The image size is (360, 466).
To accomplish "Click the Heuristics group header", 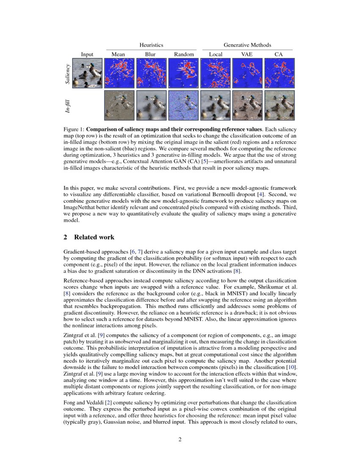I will click(151, 45).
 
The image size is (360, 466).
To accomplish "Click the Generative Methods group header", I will click(247, 45).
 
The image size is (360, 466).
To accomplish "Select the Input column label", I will click(87, 54).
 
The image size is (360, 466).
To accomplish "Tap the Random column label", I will click(184, 54).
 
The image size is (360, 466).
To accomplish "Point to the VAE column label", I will click(246, 54).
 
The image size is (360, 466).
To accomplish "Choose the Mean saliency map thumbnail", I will click(119, 73).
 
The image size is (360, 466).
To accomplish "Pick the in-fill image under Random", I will click(183, 105).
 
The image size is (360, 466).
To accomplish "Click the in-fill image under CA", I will click(279, 105).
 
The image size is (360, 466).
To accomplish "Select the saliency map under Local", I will click(215, 73).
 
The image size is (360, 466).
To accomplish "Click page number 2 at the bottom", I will click(180, 440).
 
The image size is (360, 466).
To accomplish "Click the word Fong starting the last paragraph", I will click(70, 402).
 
